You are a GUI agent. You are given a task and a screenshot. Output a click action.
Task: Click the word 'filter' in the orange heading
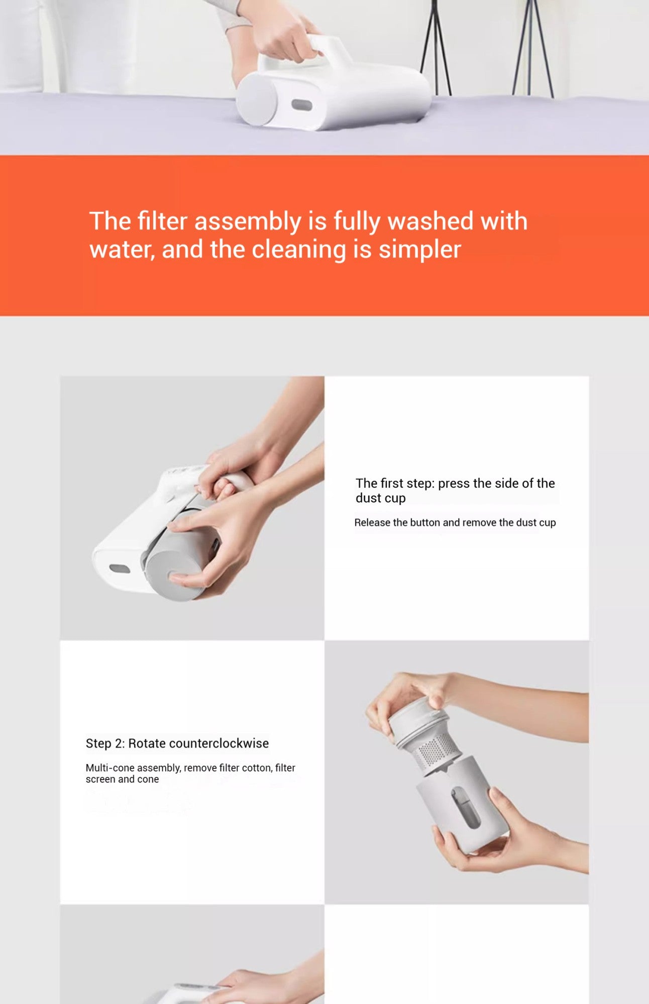pos(162,221)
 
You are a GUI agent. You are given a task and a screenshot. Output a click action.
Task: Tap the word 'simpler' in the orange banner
pos(419,249)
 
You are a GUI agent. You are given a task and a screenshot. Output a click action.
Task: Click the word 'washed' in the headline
pos(430,221)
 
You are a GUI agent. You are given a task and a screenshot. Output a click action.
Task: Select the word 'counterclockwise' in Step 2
pos(198,743)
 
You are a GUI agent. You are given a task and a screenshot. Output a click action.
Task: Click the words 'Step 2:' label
pos(105,743)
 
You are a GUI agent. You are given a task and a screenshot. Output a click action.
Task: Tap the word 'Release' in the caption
pos(372,523)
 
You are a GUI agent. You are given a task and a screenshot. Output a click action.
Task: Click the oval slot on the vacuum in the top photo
pos(302,105)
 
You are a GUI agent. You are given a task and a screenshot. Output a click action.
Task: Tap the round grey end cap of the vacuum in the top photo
pos(257,99)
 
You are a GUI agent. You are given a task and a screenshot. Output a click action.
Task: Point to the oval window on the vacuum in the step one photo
pos(120,569)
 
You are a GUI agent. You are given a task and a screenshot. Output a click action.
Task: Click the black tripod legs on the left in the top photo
pos(436,48)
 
